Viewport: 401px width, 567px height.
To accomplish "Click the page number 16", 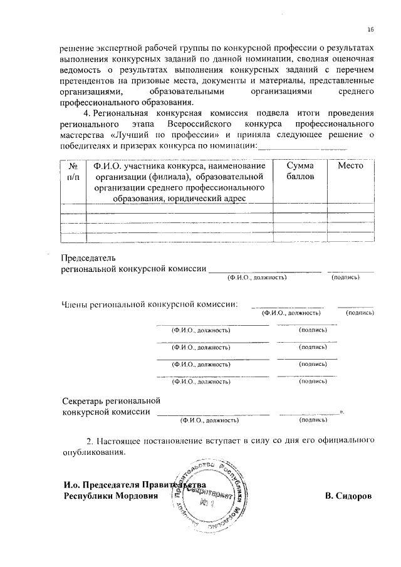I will tap(370, 30).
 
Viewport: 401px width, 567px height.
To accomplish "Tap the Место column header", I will tap(350, 166).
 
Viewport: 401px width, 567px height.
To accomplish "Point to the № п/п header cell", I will tap(73, 172).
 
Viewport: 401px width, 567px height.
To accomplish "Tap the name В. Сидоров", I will tap(348, 496).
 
